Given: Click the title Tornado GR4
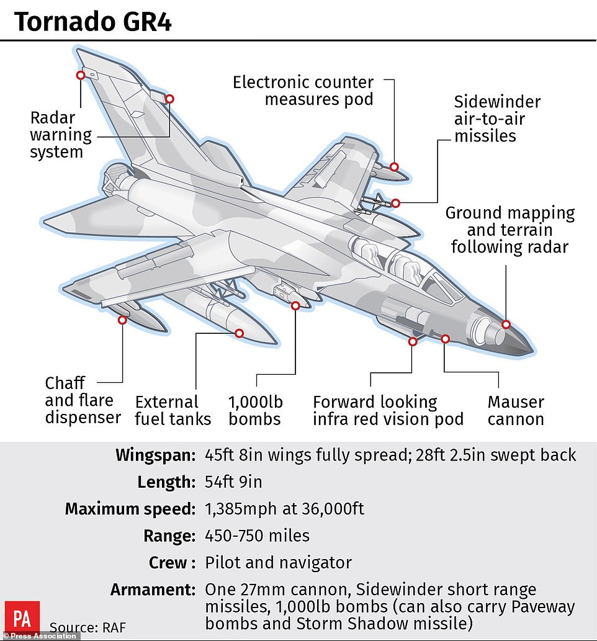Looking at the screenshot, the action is [x=93, y=22].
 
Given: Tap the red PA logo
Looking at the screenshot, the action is [x=22, y=618].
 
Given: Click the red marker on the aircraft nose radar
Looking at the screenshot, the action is [x=506, y=325].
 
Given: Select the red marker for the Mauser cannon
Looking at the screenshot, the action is [x=446, y=339].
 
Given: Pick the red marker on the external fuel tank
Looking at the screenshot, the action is [x=239, y=334].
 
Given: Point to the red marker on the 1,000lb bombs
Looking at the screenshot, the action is [x=295, y=306].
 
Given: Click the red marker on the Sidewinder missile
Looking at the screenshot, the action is [x=395, y=203].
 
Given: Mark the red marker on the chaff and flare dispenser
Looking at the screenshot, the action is [x=122, y=320].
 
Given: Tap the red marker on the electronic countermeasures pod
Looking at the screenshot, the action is [x=394, y=167].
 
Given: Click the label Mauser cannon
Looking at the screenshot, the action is [x=516, y=410].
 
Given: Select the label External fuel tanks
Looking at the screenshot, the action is [x=173, y=410].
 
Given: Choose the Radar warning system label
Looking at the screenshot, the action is [x=61, y=135].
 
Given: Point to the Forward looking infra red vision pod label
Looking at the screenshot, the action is [x=388, y=410].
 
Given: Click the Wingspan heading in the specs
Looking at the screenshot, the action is [x=155, y=455].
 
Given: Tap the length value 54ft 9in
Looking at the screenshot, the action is [x=233, y=482].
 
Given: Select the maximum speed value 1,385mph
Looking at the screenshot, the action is [x=240, y=509].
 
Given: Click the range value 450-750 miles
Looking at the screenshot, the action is [x=257, y=536].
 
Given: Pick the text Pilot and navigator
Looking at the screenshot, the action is [x=278, y=563].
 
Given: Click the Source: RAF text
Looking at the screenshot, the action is [x=88, y=627].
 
